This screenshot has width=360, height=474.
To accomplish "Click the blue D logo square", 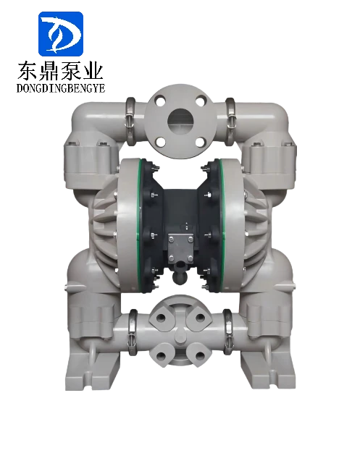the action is (61, 33).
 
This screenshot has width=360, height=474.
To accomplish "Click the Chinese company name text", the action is (60, 70).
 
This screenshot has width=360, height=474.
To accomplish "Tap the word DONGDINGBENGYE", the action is (61, 88).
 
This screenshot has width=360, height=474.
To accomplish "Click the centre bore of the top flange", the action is (180, 121).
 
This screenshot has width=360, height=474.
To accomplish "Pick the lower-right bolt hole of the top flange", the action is (200, 141).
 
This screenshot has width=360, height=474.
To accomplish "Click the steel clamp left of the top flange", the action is (130, 121).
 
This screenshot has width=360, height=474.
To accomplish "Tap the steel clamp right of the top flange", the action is (230, 121).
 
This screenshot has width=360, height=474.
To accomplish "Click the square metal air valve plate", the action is (180, 247).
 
